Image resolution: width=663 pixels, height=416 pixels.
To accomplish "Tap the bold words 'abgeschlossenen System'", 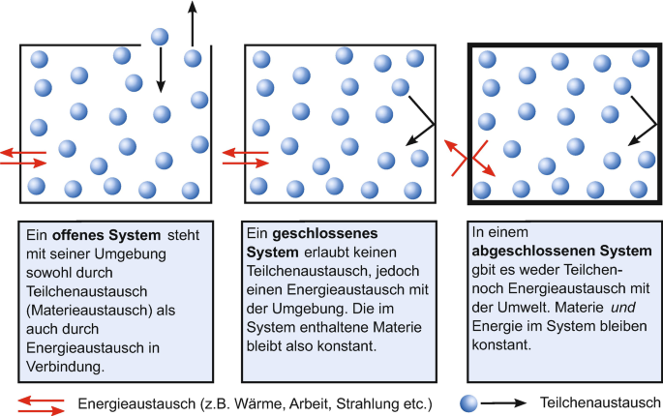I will [547, 253].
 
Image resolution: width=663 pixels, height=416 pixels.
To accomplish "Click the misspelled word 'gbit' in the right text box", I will [485, 272].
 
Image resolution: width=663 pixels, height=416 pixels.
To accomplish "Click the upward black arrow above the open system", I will [191, 24].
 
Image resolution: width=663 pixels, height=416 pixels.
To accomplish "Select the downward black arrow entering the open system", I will [160, 72].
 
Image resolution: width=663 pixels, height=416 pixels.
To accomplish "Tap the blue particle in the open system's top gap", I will [160, 37].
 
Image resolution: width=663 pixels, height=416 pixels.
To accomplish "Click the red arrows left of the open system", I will [21, 157].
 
